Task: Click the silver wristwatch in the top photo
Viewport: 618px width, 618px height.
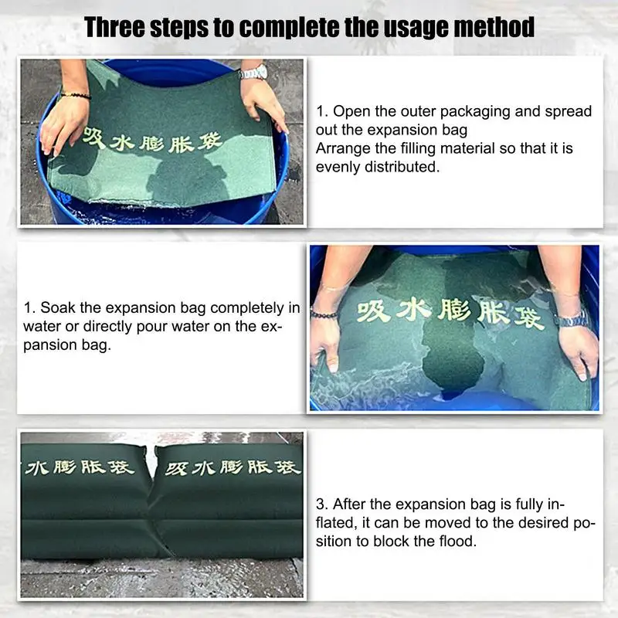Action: pyautogui.click(x=254, y=73)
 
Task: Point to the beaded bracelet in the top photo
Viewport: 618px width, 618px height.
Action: pyautogui.click(x=75, y=95)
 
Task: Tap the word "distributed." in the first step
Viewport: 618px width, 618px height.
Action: pyautogui.click(x=402, y=167)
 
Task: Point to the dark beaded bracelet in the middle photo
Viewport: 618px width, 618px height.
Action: pyautogui.click(x=324, y=314)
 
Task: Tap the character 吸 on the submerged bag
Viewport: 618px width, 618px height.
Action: pyautogui.click(x=372, y=312)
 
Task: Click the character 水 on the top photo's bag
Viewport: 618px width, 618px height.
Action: pyautogui.click(x=122, y=143)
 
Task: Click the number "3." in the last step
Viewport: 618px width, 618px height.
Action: pyautogui.click(x=322, y=504)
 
